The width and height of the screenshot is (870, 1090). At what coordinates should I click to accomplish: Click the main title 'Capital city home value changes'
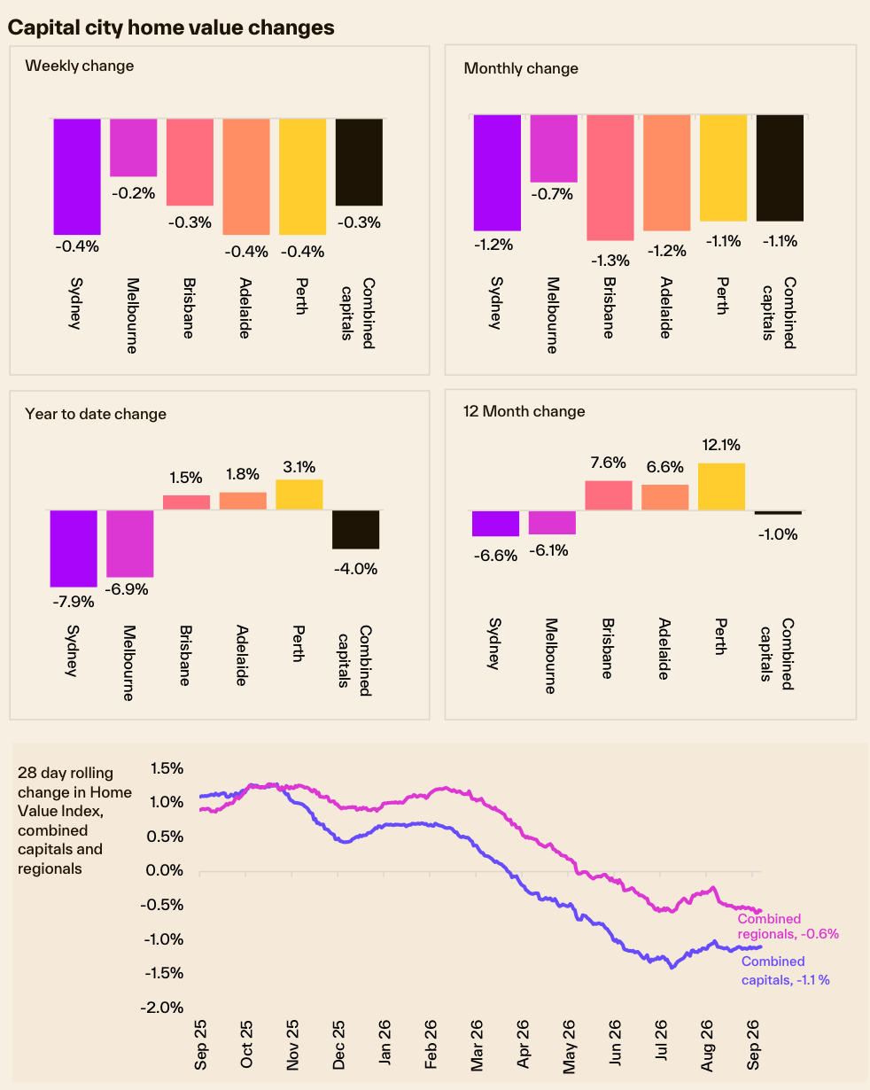171,27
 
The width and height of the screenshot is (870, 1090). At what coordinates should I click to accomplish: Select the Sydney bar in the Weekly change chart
77,176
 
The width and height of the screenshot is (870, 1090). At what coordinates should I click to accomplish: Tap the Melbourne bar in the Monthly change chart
554,148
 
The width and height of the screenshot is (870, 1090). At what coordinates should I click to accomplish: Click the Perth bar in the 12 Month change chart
721,487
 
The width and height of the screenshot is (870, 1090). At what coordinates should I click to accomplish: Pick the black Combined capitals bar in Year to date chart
355,529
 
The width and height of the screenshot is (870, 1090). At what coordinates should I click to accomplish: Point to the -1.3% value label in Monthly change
610,261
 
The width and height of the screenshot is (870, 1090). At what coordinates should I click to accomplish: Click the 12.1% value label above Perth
721,445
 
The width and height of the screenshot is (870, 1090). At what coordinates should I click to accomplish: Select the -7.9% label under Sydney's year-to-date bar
74,601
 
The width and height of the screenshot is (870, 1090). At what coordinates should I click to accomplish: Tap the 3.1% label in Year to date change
299,466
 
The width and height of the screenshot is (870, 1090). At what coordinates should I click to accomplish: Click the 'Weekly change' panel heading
80,66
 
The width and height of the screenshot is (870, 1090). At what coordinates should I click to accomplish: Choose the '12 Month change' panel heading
524,411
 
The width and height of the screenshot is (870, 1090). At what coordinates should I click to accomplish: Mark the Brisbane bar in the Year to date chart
186,502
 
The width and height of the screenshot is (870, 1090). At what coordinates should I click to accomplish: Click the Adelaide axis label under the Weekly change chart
245,308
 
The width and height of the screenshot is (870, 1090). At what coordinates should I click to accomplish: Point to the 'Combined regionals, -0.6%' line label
788,926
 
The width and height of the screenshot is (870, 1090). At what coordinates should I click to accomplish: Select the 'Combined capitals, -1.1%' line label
786,970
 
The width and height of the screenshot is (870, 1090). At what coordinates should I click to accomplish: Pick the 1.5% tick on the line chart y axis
167,768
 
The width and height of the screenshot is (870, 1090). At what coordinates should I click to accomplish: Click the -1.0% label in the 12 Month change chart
778,533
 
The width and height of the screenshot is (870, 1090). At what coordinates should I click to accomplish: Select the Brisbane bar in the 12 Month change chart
608,494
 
